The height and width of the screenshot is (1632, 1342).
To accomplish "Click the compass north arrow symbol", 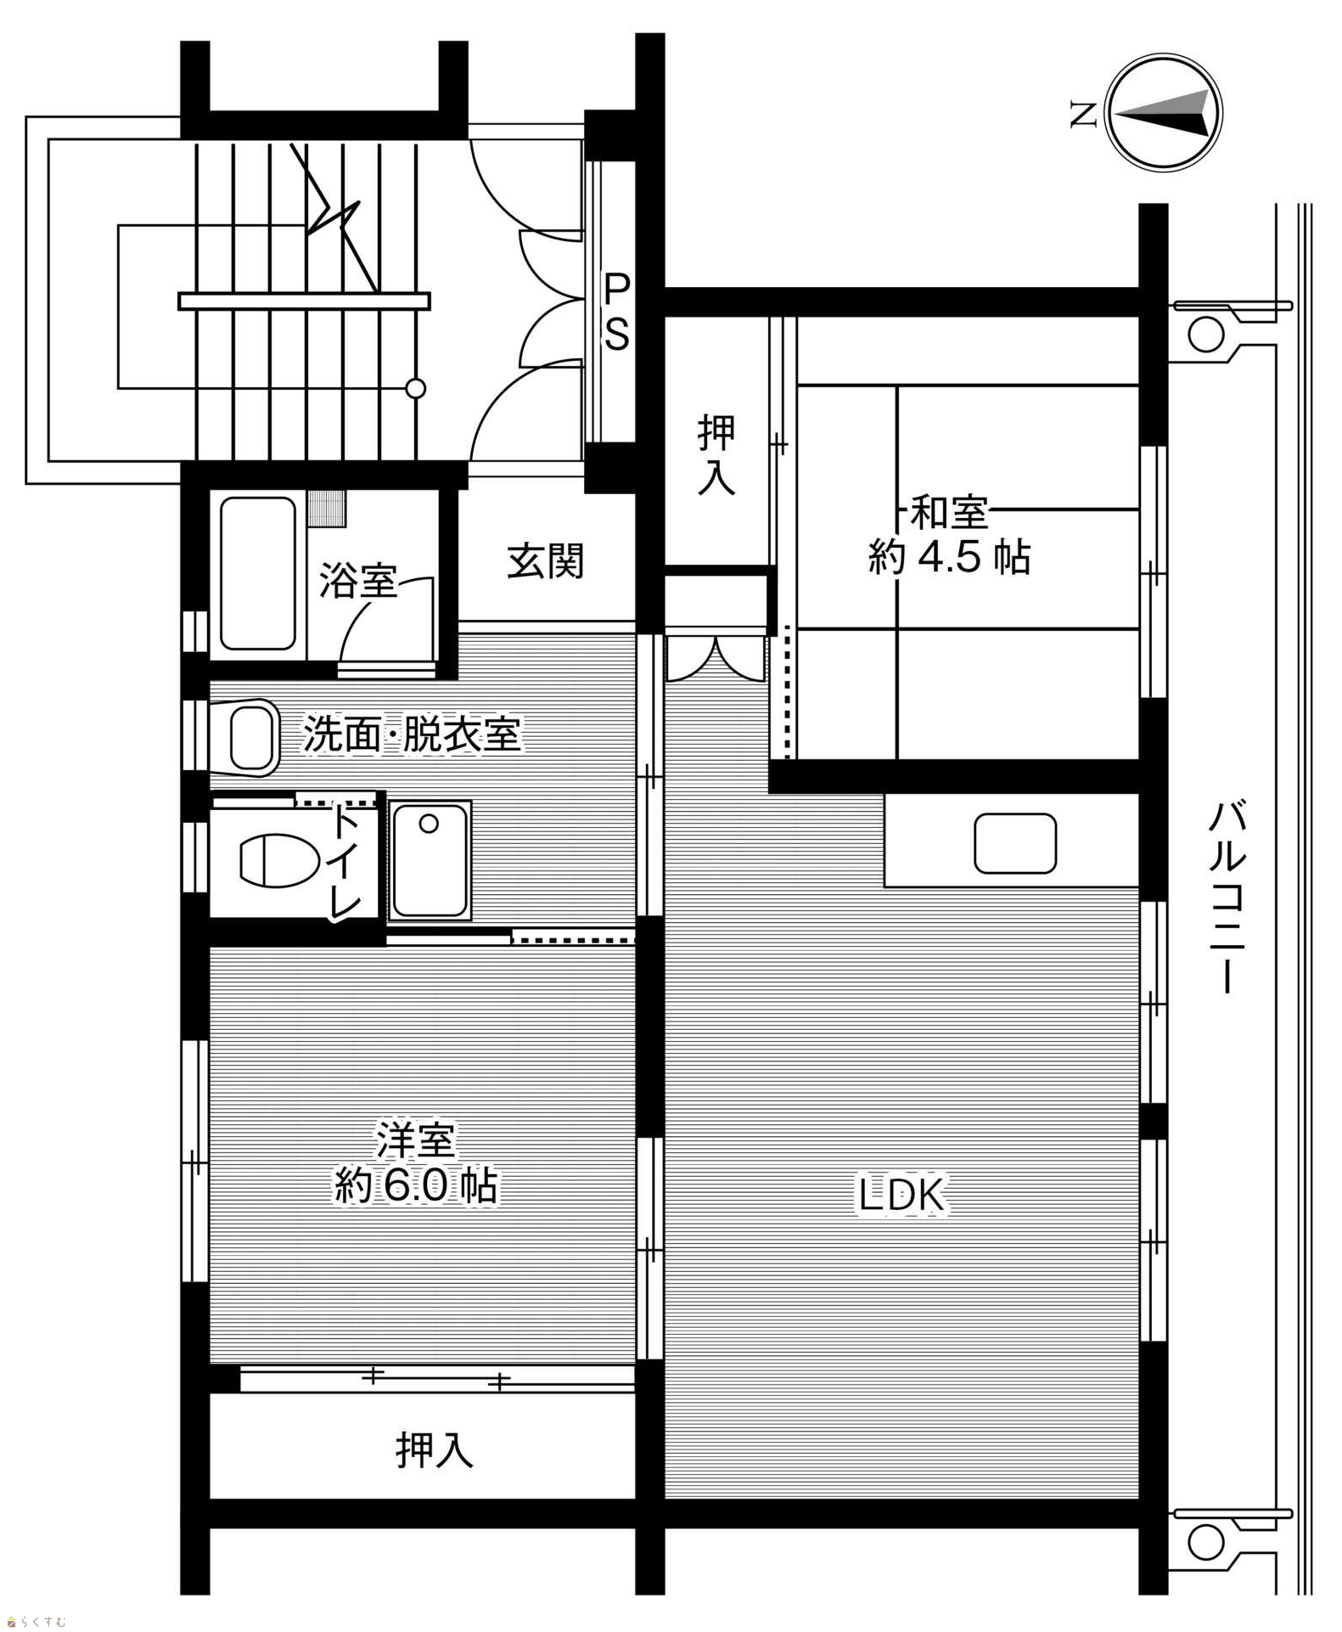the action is coord(1164,113).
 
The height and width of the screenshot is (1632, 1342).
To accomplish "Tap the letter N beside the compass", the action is coord(1081,114).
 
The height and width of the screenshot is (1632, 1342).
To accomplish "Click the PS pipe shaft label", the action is coord(616,310).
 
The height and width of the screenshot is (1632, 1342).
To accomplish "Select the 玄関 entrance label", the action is coord(546,561).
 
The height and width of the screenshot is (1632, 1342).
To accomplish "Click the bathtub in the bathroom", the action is coord(258,573).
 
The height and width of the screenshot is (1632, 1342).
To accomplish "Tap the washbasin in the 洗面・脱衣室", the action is coord(253,737).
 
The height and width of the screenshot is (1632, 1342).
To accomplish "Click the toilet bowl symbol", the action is coord(277,861).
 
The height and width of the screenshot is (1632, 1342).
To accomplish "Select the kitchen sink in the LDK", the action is coord(1015,844).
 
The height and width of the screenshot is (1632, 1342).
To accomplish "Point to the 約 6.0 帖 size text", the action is coord(415,1185).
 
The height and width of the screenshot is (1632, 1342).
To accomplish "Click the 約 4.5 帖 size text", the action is coord(949,558).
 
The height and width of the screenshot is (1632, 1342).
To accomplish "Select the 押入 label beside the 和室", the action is coord(716,455).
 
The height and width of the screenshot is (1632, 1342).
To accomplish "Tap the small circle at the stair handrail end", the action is coord(415,389).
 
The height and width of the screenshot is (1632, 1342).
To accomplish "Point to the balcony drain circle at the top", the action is coord(1205,334).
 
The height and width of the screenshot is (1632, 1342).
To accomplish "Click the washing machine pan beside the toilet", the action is coord(430,861).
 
